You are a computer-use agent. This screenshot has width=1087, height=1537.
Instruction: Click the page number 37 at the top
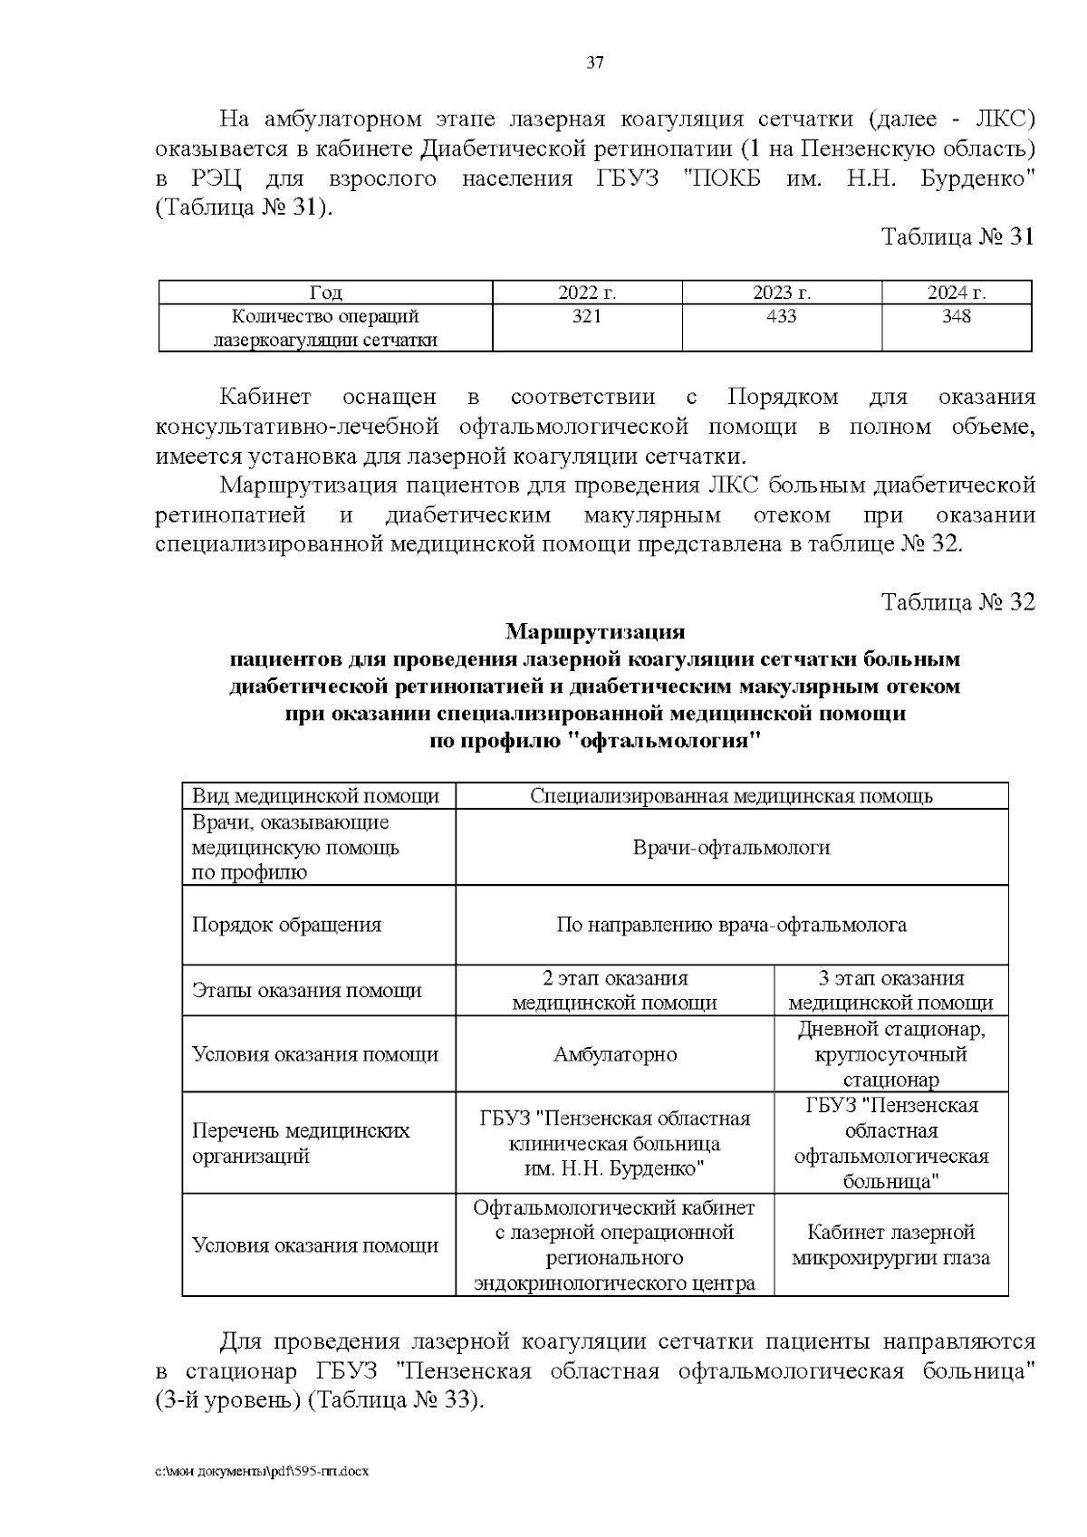pyautogui.click(x=595, y=62)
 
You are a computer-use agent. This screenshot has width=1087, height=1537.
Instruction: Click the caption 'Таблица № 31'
pyautogui.click(x=957, y=237)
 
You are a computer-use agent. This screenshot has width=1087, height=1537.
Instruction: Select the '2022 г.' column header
pyautogui.click(x=587, y=293)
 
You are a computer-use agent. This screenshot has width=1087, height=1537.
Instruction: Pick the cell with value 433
pyautogui.click(x=781, y=316)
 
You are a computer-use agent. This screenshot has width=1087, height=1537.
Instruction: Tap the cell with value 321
pyautogui.click(x=587, y=316)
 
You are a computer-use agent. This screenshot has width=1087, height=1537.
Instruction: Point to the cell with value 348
pyautogui.click(x=956, y=316)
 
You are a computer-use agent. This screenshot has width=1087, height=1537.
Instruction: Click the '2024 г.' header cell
pyautogui.click(x=956, y=293)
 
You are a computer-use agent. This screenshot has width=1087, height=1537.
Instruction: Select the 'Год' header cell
pyautogui.click(x=326, y=293)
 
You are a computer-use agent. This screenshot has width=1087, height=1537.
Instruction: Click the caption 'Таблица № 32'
pyautogui.click(x=957, y=602)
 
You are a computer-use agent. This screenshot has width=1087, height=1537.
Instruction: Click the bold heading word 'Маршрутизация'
pyautogui.click(x=595, y=630)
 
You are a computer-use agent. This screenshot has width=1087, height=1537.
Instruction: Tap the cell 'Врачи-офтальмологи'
pyautogui.click(x=731, y=848)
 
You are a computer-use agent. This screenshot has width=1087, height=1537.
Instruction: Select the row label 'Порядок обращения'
pyautogui.click(x=286, y=925)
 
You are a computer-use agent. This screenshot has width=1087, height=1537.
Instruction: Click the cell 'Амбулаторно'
pyautogui.click(x=615, y=1054)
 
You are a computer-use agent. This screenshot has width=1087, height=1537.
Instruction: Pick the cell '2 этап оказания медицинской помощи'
pyautogui.click(x=615, y=990)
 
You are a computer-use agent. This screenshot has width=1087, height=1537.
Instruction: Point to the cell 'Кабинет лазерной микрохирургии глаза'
pyautogui.click(x=890, y=1244)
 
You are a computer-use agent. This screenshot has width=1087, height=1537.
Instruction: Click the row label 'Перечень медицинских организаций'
pyautogui.click(x=301, y=1143)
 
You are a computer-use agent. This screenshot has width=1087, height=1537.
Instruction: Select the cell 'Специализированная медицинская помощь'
pyautogui.click(x=731, y=796)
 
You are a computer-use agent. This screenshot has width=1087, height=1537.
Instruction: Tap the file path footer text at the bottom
pyautogui.click(x=262, y=1472)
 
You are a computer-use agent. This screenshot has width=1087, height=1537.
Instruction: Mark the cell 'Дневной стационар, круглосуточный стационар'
pyautogui.click(x=890, y=1054)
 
